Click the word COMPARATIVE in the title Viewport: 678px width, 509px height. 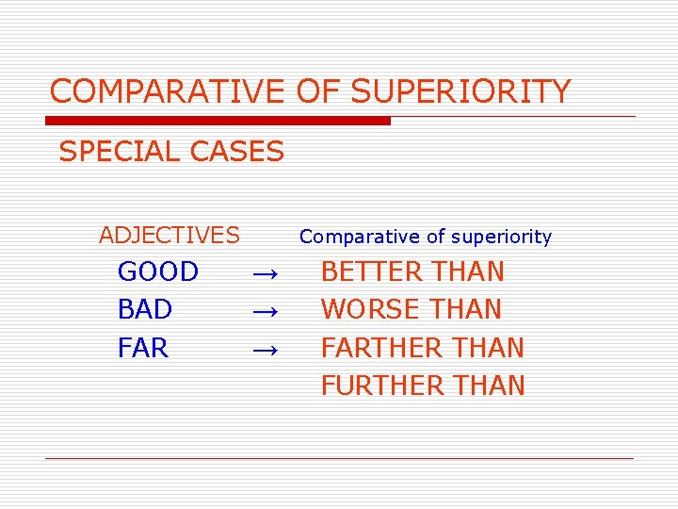(166, 91)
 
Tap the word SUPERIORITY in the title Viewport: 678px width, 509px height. (460, 91)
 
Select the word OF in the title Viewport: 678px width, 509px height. (319, 91)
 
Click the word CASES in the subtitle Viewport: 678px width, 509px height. (239, 151)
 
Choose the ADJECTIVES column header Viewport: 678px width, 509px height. (169, 235)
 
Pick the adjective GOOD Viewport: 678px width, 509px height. (158, 272)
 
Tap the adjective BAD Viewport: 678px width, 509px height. (145, 309)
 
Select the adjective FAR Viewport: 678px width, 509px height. (143, 348)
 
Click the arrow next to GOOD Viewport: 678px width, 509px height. (265, 273)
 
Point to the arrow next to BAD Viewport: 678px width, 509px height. (265, 311)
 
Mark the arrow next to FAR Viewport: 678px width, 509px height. (265, 350)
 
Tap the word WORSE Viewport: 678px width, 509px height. (365, 309)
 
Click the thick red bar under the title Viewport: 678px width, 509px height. (218, 121)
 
